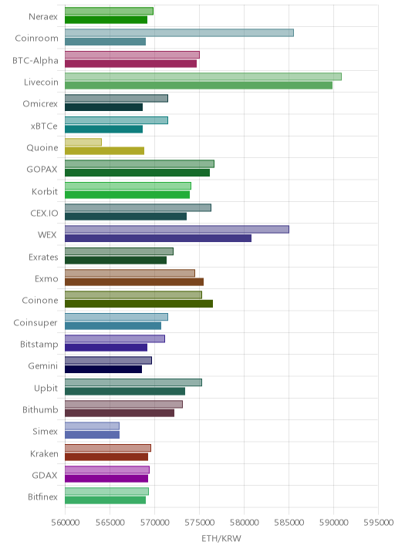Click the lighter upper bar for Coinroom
(x=179, y=32)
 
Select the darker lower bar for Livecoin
(x=198, y=86)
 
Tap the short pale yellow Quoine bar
(x=83, y=142)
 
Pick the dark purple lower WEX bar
(x=158, y=238)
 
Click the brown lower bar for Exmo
(x=134, y=281)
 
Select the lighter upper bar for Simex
(x=92, y=426)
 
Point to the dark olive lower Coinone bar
(x=139, y=304)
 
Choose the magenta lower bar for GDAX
(x=106, y=479)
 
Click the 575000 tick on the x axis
(x=199, y=522)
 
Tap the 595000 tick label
(x=378, y=522)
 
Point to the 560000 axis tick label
(x=65, y=522)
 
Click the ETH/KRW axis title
(x=221, y=538)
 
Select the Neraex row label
(x=43, y=16)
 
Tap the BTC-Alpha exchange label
(x=35, y=61)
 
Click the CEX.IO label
(x=44, y=214)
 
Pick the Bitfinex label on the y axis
(x=42, y=496)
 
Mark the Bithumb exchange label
(x=40, y=410)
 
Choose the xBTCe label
(x=44, y=126)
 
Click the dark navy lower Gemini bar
(x=103, y=369)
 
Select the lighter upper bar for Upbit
(x=133, y=382)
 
